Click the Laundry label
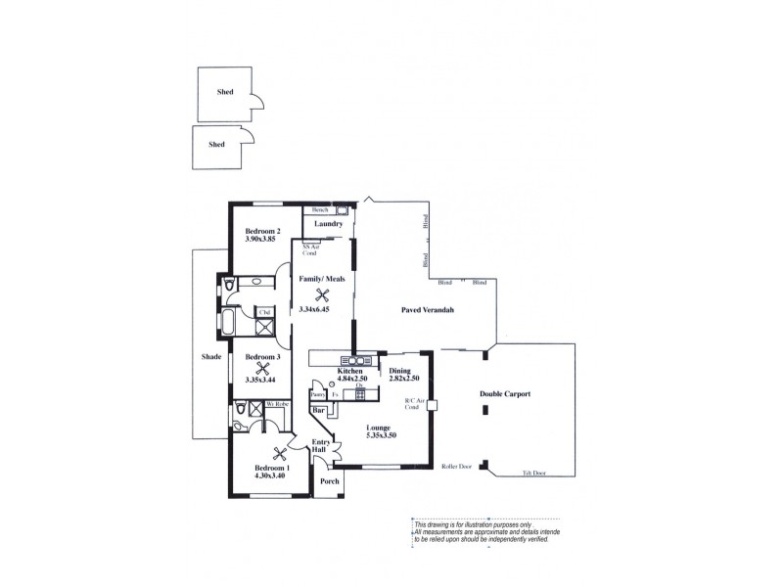[327, 224]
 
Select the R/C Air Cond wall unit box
[432, 405]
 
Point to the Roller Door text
[458, 467]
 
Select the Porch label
[330, 480]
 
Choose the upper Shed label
[226, 94]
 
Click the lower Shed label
[216, 144]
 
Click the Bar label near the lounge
[320, 412]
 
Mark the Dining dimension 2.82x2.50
[403, 378]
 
